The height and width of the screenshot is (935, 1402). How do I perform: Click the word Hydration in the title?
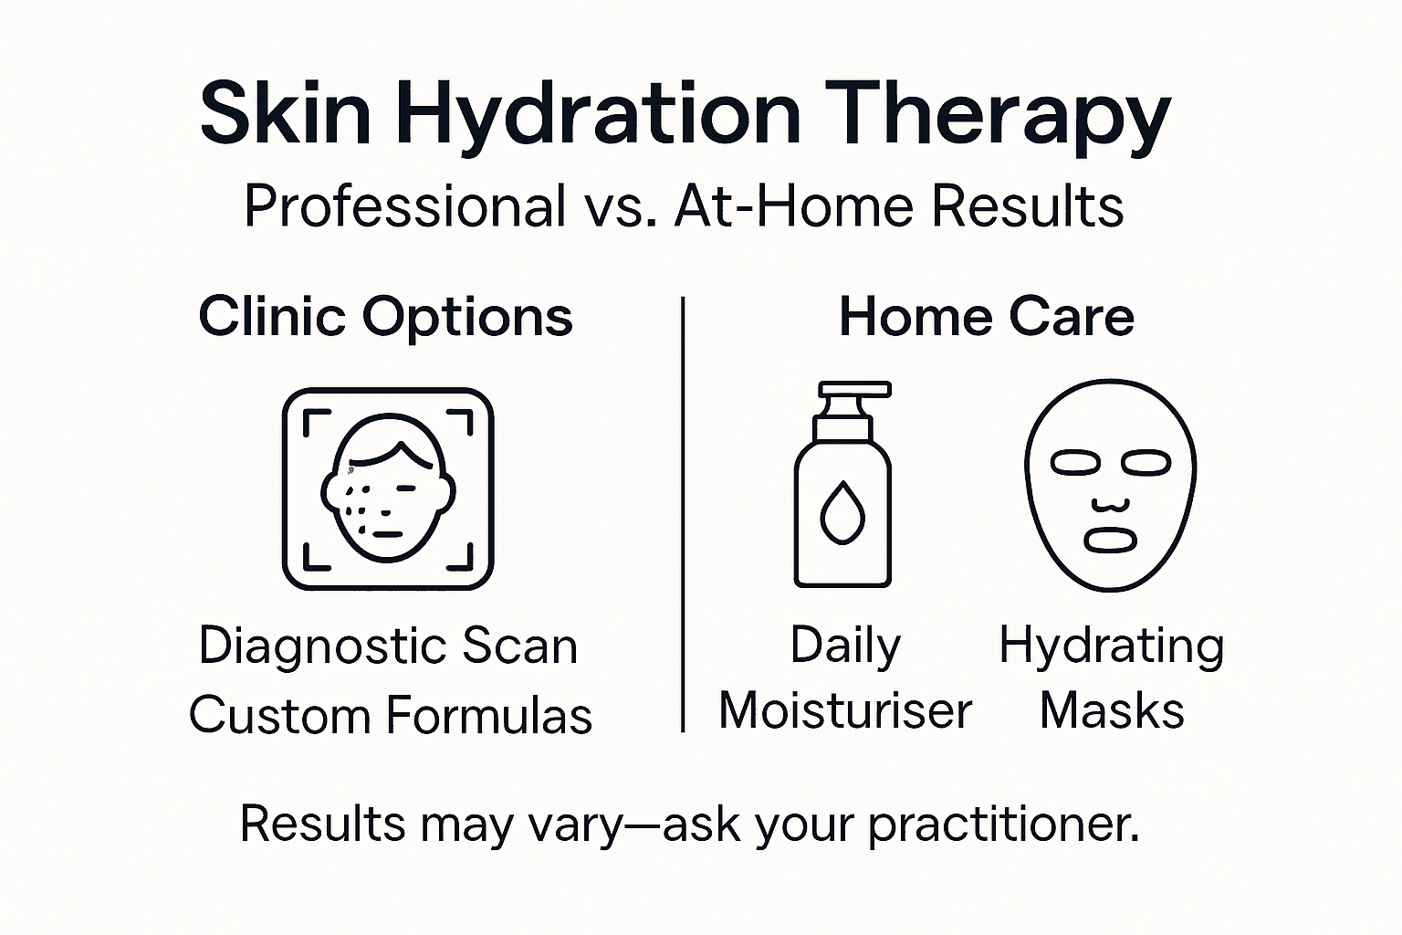(597, 114)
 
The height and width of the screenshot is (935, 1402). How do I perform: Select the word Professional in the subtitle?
(404, 206)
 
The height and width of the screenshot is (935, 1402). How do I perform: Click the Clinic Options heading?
(385, 318)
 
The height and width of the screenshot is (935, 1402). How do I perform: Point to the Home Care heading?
(986, 318)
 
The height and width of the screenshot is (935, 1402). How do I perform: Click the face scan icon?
(388, 489)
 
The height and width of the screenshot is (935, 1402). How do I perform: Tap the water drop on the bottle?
(842, 513)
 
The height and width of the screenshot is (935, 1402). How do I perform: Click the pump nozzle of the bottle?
(854, 390)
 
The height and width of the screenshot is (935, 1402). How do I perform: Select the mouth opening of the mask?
(1110, 541)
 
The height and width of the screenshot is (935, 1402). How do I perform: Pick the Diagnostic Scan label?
(388, 646)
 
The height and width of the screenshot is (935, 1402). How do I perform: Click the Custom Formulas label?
(391, 715)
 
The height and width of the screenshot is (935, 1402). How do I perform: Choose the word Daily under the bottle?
(845, 646)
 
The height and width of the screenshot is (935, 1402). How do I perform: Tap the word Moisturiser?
(845, 710)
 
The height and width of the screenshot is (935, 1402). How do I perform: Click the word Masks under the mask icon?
(1112, 710)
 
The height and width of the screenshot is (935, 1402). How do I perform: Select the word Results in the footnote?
(322, 824)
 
